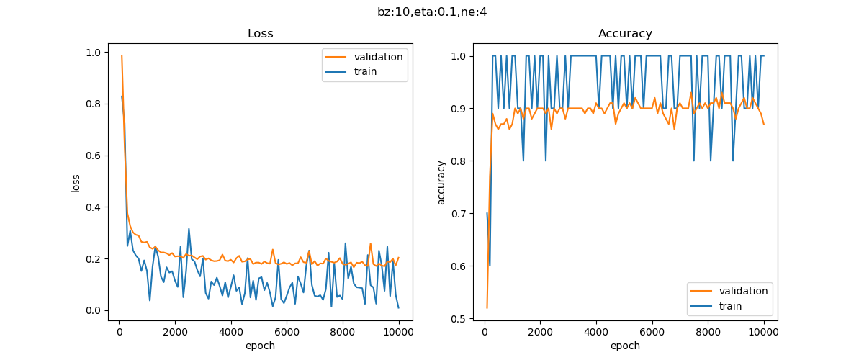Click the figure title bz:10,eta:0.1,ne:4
point(432,12)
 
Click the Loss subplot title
point(260,34)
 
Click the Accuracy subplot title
point(625,34)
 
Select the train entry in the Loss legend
point(365,71)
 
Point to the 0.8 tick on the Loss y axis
point(93,104)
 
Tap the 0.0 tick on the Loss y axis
point(93,311)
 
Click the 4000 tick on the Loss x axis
point(231,332)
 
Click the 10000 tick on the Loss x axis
point(398,332)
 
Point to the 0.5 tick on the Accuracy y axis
point(458,318)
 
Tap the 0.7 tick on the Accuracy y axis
point(458,214)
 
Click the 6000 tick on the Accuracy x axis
point(652,332)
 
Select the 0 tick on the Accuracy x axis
point(485,332)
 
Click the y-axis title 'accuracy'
point(441,182)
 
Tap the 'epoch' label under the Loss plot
point(260,346)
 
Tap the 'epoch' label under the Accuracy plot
point(625,346)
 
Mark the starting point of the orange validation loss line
point(122,55)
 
